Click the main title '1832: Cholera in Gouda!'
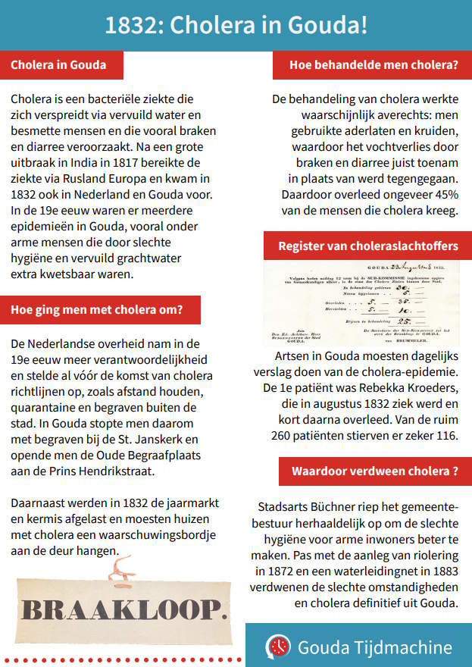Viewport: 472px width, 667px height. (236, 25)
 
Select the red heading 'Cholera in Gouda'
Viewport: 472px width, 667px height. (58, 65)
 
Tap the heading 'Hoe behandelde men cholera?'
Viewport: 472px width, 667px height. (374, 65)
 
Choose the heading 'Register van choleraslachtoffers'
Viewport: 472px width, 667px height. (367, 246)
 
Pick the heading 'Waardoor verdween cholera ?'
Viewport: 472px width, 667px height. (374, 471)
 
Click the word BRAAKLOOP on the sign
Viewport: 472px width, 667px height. (123, 609)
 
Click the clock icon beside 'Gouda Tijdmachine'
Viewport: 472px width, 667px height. (278, 647)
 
